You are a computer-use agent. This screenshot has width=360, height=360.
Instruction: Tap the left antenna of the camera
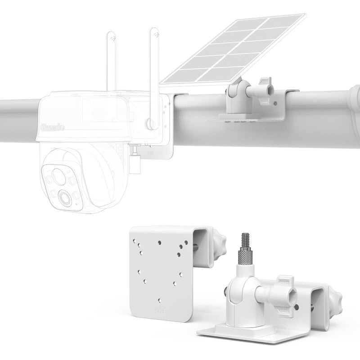[x=112, y=63]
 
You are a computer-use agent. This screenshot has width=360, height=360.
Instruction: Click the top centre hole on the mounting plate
[x=160, y=242]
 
